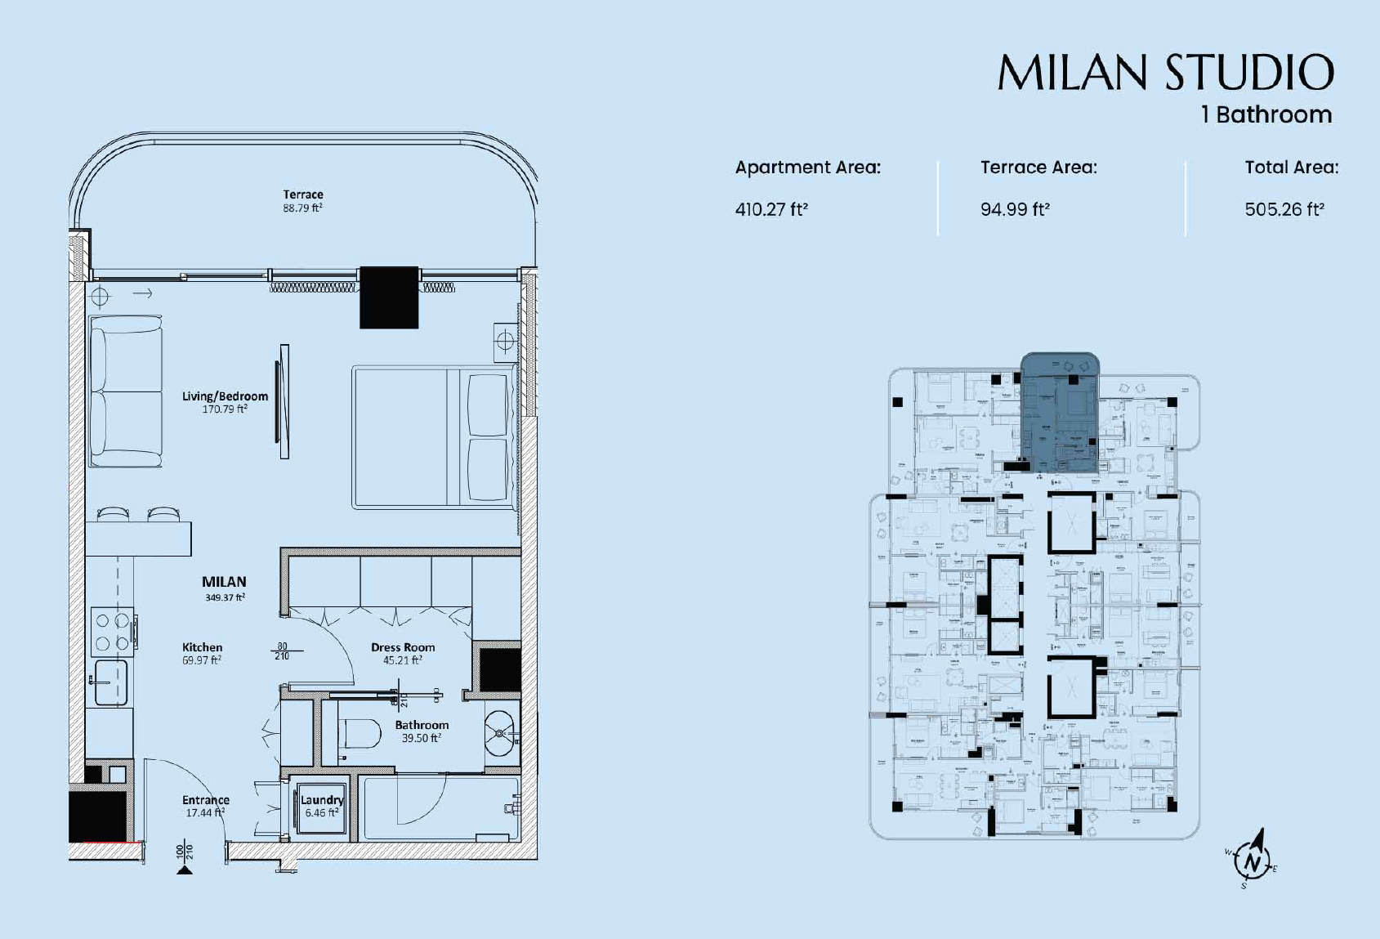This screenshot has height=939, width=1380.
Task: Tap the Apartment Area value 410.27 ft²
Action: click(771, 209)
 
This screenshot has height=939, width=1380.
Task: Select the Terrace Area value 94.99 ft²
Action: click(1015, 209)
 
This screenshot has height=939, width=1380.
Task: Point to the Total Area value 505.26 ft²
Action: click(1284, 209)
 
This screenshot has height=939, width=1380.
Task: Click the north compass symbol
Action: click(1253, 860)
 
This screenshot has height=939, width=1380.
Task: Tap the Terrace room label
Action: click(303, 195)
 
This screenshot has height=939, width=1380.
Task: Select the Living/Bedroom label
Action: click(225, 396)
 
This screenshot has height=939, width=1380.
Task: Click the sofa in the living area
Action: click(125, 391)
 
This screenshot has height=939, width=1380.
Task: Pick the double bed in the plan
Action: click(434, 437)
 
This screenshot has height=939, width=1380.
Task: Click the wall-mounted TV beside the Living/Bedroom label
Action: click(284, 401)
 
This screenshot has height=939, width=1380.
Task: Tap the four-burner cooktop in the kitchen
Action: click(113, 632)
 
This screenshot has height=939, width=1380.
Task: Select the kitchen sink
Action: click(109, 682)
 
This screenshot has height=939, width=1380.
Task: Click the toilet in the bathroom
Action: click(360, 733)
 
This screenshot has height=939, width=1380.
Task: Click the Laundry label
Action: click(321, 800)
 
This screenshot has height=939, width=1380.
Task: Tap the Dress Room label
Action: click(403, 647)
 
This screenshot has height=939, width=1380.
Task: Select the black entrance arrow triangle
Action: click(185, 870)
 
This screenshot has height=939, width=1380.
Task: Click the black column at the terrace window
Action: click(389, 297)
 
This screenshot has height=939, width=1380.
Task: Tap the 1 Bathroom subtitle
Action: click(1266, 114)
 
